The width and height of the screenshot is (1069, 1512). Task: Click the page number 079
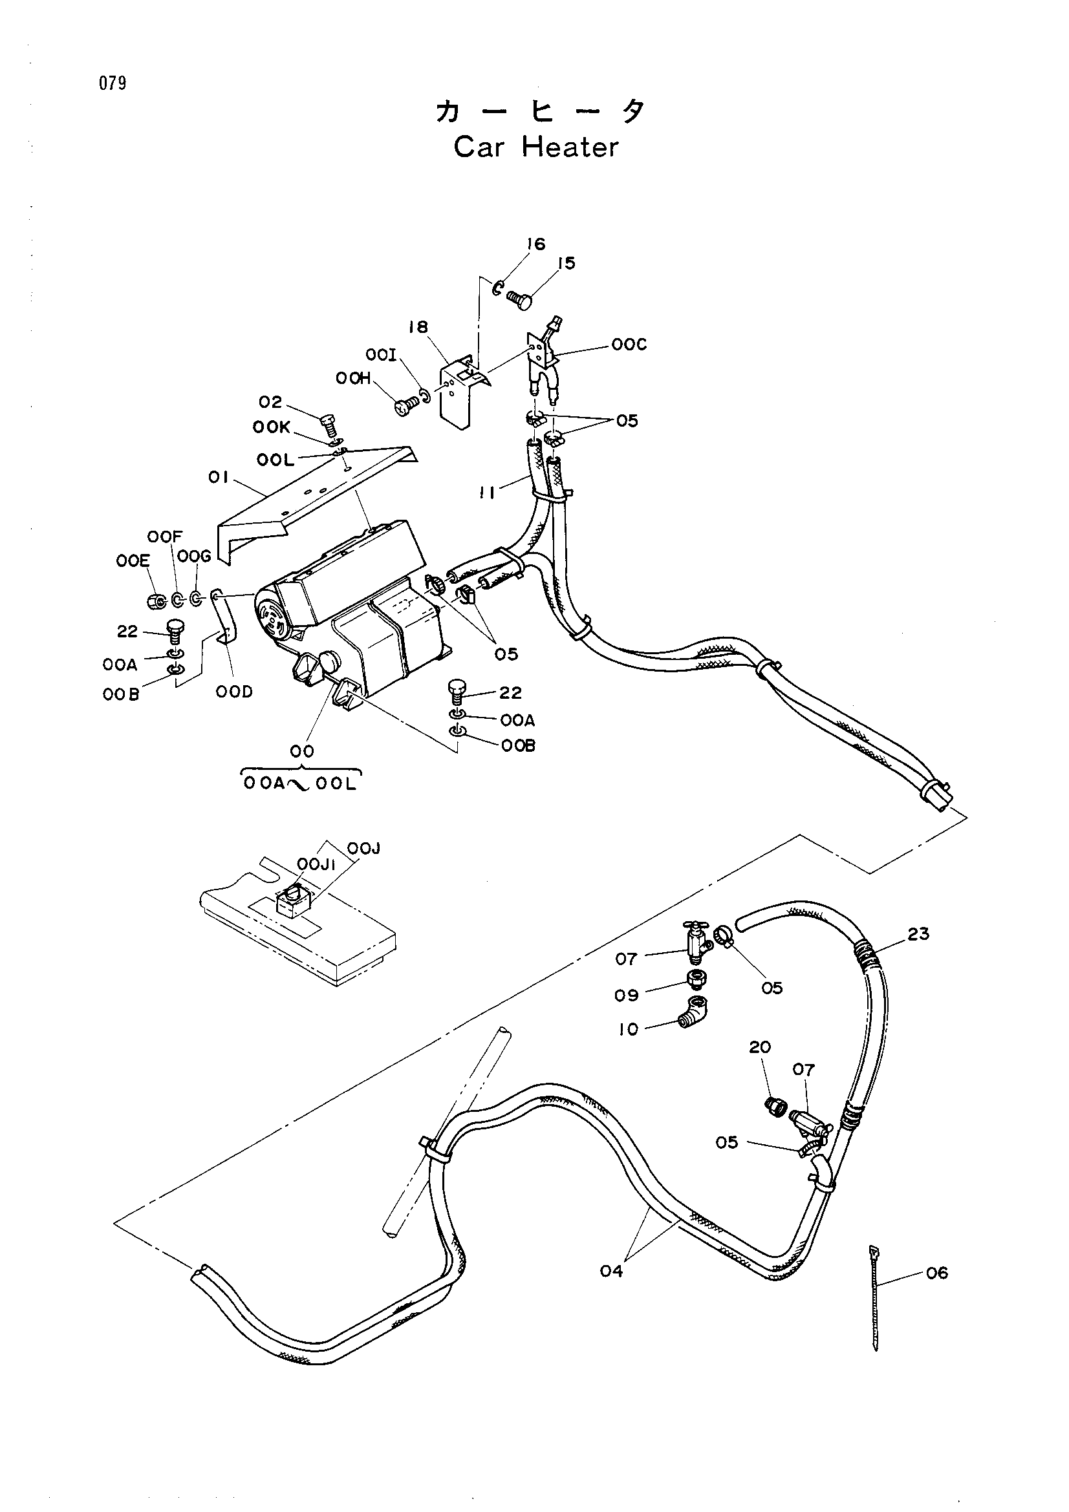point(113,83)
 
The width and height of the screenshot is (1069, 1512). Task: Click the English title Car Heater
point(536,147)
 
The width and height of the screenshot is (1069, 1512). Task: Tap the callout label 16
point(536,244)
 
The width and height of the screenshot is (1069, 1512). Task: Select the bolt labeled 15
point(520,297)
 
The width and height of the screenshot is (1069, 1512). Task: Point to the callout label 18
point(418,327)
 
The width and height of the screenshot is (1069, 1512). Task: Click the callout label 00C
point(629,345)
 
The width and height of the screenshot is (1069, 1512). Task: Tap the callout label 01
point(218,478)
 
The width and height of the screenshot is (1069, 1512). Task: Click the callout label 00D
point(234,692)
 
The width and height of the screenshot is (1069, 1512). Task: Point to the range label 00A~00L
point(300,783)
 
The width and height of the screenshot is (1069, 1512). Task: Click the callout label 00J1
point(316,864)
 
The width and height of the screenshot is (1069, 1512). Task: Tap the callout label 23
point(918,934)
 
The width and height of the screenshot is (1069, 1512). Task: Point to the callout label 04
point(611,1271)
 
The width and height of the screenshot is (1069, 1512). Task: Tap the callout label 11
point(488,493)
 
